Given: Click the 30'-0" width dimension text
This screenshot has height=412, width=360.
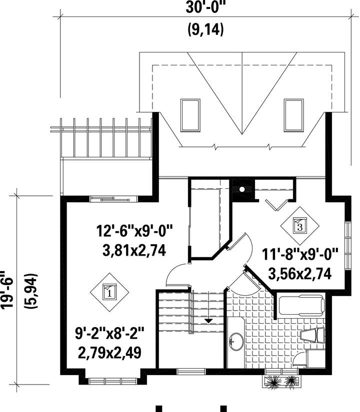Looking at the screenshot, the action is [x=206, y=7].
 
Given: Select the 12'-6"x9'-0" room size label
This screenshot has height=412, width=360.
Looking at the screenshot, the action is [x=134, y=231].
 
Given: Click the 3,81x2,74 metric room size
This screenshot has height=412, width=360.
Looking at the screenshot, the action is [x=134, y=250].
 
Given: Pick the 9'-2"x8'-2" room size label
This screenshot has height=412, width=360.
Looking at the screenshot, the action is [x=109, y=334].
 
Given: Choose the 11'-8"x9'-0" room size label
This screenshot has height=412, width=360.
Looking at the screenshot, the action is [x=299, y=254].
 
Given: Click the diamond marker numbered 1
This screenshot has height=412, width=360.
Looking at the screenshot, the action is [x=109, y=292].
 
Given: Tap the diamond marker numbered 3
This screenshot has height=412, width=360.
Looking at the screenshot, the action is [x=300, y=226].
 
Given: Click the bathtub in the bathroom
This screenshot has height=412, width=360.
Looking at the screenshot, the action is [x=301, y=305].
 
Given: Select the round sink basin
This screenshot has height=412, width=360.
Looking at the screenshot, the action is [x=236, y=342].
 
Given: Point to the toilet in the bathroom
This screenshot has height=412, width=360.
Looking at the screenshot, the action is [x=312, y=335].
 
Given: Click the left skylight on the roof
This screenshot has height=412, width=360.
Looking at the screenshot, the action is [x=190, y=115].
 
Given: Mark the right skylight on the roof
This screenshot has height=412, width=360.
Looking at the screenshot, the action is [x=293, y=115].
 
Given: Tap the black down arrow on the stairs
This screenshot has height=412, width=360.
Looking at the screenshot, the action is [x=208, y=321].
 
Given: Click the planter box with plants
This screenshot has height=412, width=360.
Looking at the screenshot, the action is [x=281, y=381].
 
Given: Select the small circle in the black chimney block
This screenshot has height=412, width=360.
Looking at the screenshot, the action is [x=241, y=189].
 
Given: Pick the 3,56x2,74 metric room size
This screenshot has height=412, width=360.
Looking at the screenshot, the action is [x=299, y=274].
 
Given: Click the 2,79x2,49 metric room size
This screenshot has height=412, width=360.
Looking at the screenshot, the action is [x=109, y=353].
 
